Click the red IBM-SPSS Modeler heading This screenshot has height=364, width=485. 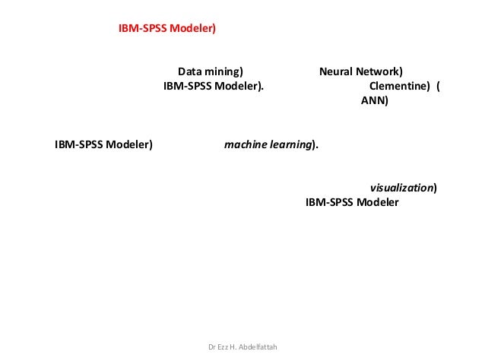pyautogui.click(x=167, y=28)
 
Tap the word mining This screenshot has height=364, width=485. pyautogui.click(x=224, y=71)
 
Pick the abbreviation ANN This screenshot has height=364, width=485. pyautogui.click(x=372, y=100)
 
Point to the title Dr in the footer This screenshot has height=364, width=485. pyautogui.click(x=211, y=348)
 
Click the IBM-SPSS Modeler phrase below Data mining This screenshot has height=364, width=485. pyautogui.click(x=214, y=86)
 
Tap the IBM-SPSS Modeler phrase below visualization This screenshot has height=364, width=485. pyautogui.click(x=351, y=203)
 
